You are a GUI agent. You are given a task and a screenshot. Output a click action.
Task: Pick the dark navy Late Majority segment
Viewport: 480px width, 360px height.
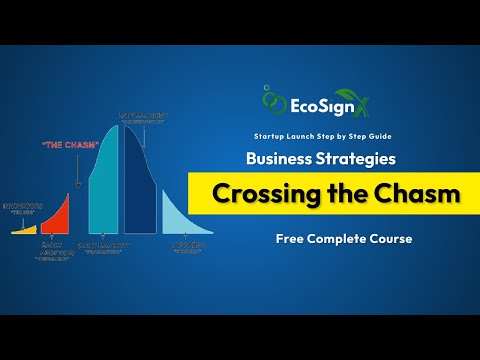(x=141, y=180)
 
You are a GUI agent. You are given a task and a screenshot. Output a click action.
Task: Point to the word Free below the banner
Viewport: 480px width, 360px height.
(x=293, y=239)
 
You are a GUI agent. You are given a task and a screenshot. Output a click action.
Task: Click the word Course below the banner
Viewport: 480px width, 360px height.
(x=386, y=239)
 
